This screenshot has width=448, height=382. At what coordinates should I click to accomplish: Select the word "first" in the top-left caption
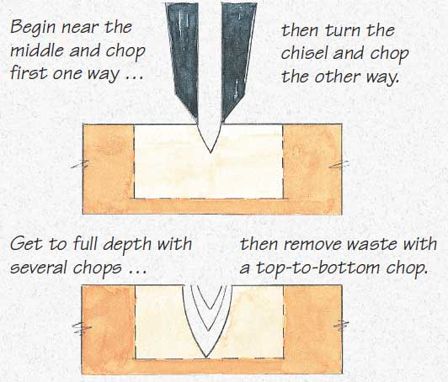29,73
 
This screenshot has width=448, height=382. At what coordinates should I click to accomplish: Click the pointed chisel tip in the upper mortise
211,153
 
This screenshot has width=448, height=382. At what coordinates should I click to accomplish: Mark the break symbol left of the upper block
80,165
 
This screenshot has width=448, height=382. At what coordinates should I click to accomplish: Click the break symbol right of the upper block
339,164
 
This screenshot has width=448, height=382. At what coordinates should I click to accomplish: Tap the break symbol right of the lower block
341,326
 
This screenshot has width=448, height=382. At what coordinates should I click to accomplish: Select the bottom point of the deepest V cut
206,358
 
